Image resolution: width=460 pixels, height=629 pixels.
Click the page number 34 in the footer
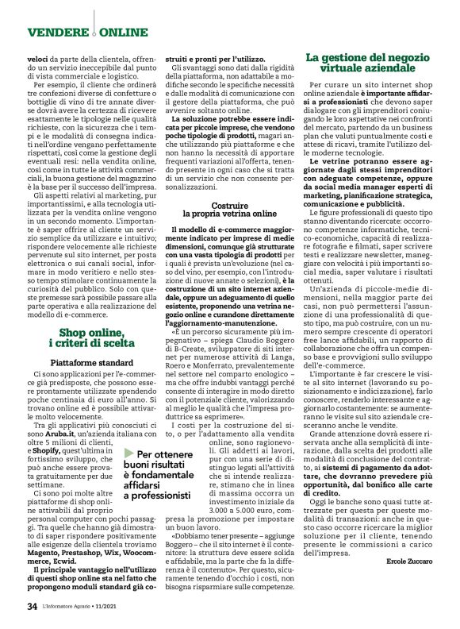32,607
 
